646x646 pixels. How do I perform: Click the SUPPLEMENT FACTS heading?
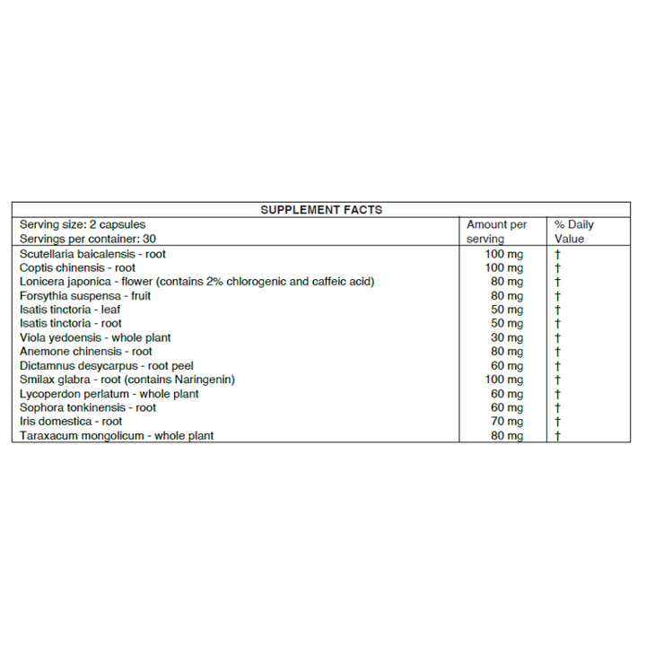coord(321,210)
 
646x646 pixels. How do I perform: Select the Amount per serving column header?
coord(496,231)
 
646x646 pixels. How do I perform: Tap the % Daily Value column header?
coord(573,231)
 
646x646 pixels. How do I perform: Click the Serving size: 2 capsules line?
coord(82,224)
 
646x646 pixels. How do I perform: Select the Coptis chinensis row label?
coord(77,267)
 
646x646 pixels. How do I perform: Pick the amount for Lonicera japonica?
coord(504,282)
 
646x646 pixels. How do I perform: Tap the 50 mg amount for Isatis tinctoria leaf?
coord(504,310)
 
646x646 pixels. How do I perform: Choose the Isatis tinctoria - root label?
coord(70,323)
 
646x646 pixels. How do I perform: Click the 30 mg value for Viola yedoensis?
coord(504,337)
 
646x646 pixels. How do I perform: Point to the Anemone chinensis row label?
coord(85,352)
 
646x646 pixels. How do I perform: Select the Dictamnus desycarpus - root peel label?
coord(106,365)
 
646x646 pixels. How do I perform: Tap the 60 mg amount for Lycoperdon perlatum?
coord(504,393)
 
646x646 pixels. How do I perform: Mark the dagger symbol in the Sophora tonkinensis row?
coord(557,407)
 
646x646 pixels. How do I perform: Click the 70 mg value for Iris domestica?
coord(504,421)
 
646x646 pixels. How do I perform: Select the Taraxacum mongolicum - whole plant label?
coord(117,435)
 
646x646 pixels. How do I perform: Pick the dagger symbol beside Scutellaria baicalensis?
coord(557,254)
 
